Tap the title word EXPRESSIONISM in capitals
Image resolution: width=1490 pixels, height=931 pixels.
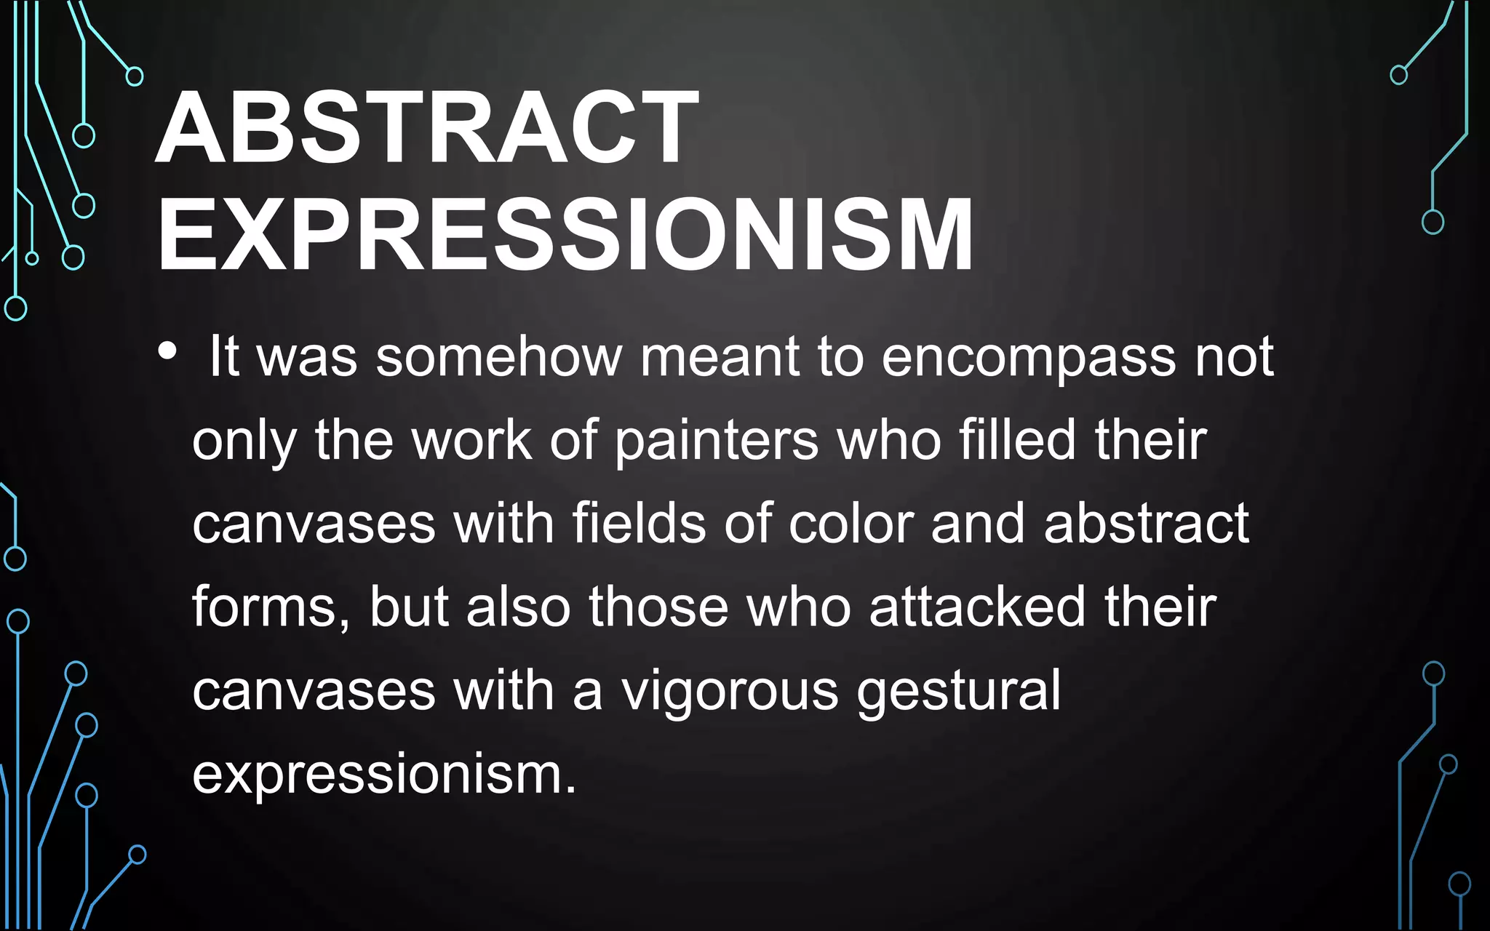565,235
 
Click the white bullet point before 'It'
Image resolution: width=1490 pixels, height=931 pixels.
167,351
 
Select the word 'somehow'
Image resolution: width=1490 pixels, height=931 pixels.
498,357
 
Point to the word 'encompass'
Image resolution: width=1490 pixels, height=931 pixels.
1029,359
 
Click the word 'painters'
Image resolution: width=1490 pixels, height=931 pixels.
717,441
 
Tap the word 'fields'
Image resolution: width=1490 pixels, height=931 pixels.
639,523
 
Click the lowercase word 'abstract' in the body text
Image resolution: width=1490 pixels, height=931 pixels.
1146,523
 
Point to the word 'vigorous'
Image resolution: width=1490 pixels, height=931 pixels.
730,692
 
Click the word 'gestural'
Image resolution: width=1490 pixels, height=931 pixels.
959,692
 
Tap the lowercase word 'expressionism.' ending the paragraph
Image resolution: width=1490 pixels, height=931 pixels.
384,775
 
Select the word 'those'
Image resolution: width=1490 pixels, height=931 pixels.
658,607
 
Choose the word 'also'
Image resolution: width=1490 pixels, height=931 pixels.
518,607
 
